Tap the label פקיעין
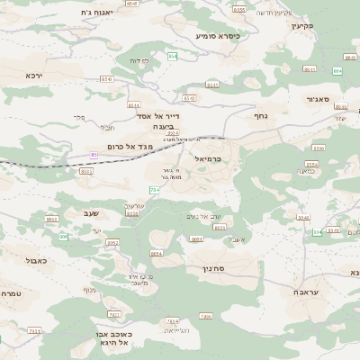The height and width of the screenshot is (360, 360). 301,25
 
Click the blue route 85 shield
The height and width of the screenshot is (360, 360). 94,155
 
